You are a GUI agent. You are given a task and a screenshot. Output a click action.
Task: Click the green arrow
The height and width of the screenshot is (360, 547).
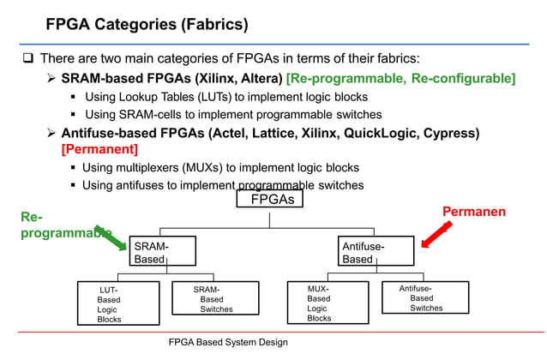coord(111,238)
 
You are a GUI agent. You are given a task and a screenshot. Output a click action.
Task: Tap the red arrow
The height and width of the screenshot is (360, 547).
coord(436,235)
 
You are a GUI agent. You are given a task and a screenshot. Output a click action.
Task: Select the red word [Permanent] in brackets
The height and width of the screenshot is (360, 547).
coord(99,149)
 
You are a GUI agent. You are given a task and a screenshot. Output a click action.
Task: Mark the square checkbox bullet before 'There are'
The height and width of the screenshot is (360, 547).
coord(28,57)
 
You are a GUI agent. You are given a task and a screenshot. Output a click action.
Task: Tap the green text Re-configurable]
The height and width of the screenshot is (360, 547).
coord(463,79)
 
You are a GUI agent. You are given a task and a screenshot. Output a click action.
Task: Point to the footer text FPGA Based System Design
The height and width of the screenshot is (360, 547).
coord(228,342)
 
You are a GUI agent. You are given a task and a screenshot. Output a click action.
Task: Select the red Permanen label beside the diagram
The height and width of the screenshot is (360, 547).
coord(474,212)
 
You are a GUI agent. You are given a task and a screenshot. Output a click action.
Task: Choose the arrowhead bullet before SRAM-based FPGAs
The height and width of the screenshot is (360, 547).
coord(51,78)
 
